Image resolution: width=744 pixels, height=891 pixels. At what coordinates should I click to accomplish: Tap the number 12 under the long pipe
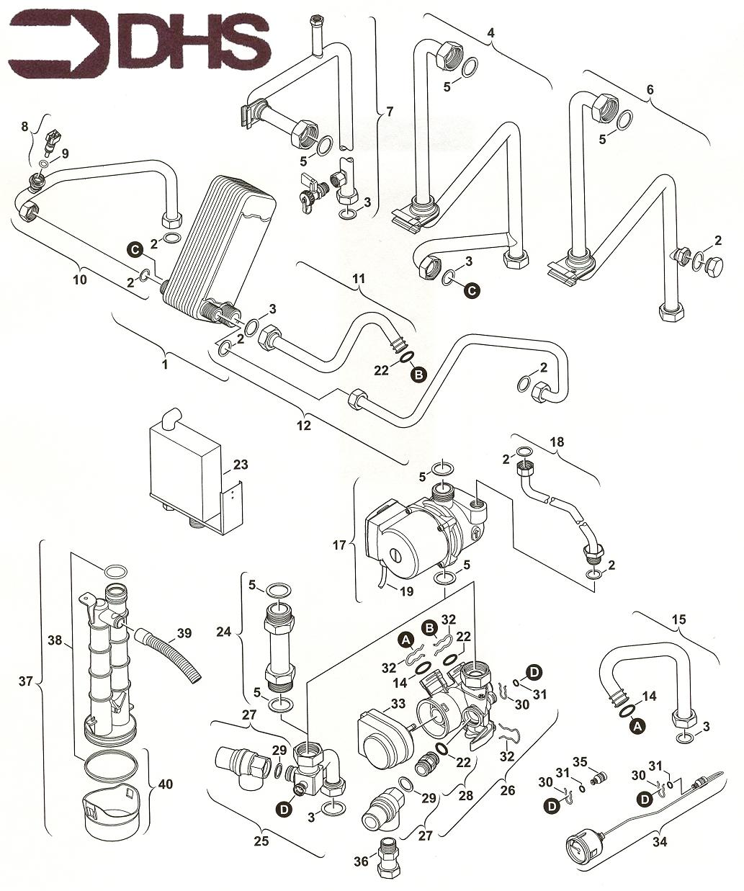[303, 425]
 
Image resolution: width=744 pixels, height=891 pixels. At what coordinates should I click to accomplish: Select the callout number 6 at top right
[650, 90]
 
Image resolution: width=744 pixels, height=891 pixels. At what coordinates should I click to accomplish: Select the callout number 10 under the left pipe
[80, 279]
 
